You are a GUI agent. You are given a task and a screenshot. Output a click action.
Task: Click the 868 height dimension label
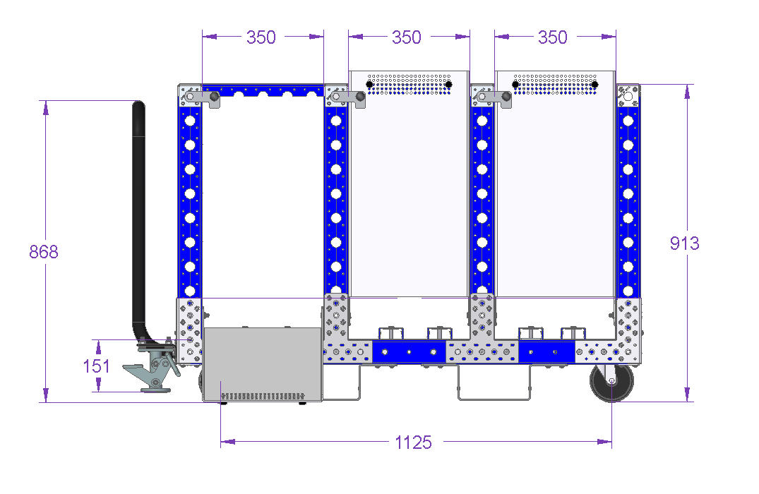[x=44, y=252]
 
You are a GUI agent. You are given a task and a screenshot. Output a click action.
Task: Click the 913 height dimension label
[x=684, y=243]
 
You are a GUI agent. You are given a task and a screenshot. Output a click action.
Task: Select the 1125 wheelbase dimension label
[x=413, y=442]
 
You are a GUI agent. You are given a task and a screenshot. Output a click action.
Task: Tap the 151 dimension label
[x=96, y=366]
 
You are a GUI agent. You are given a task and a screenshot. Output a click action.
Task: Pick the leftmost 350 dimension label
[x=261, y=37]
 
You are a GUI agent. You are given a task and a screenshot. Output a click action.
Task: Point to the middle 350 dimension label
[x=407, y=37]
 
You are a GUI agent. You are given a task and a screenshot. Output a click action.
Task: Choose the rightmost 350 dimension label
[x=553, y=37]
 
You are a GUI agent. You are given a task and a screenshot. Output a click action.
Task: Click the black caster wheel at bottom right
[x=612, y=382]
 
